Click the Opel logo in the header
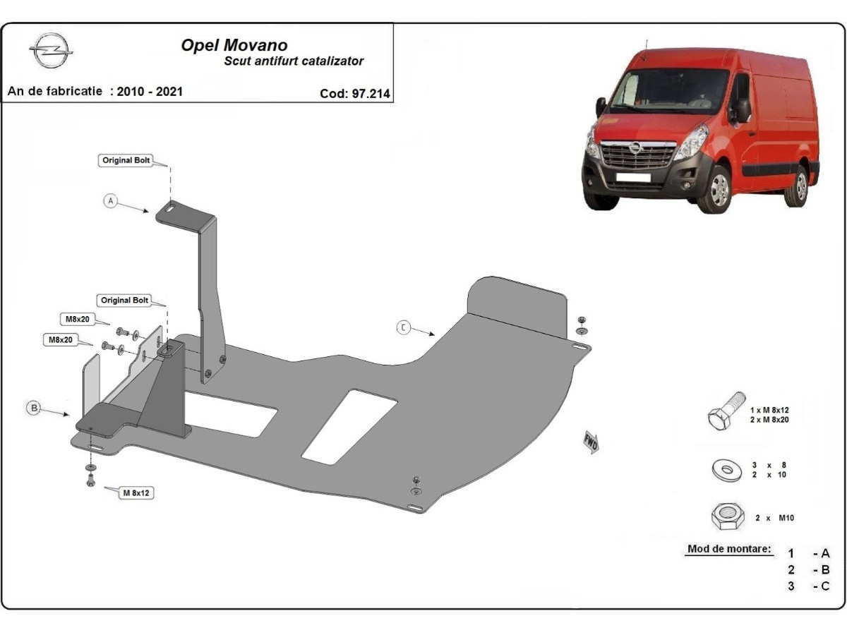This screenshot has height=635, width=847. [x=51, y=52]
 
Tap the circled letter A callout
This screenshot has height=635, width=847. [x=110, y=201]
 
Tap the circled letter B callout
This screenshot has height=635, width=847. [x=32, y=407]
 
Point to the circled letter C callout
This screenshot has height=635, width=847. [x=403, y=327]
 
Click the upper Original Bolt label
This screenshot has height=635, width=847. [x=127, y=160]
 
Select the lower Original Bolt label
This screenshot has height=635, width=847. [x=125, y=300]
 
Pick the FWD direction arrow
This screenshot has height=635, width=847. [x=591, y=442]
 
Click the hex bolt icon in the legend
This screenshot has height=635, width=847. [x=725, y=412]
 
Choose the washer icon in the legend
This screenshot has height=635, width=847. [x=726, y=470]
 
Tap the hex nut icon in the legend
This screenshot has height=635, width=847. [x=727, y=517]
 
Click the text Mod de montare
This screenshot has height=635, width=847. [x=729, y=549]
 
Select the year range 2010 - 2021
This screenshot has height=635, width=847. [x=150, y=91]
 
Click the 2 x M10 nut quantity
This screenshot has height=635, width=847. [x=774, y=518]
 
